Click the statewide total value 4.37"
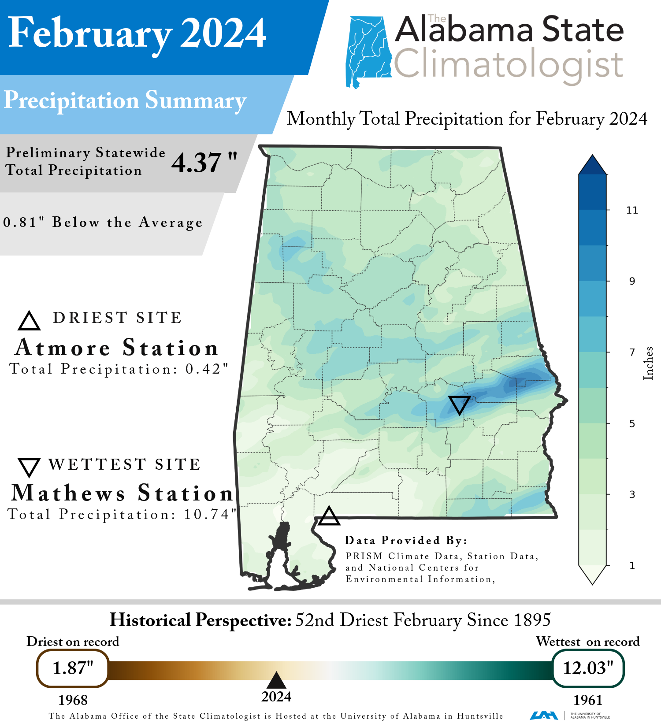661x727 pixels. pos(204,163)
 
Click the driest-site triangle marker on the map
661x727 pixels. pos(329,517)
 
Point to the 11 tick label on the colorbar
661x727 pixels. pos(632,210)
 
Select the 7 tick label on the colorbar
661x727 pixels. pos(632,352)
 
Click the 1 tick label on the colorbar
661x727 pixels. pos(632,566)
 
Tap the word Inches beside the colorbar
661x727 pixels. pos(648,363)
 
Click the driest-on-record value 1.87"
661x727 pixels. pos(73,668)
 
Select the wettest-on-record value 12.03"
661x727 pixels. pos(588,668)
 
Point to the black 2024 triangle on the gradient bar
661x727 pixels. pos(277,681)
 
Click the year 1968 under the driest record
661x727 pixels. pos(73,700)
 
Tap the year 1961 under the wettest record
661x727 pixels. pos(588,700)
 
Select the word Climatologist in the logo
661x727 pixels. pos(508,65)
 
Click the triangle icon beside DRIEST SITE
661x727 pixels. pos(29,321)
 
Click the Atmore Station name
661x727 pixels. pos(117,348)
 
